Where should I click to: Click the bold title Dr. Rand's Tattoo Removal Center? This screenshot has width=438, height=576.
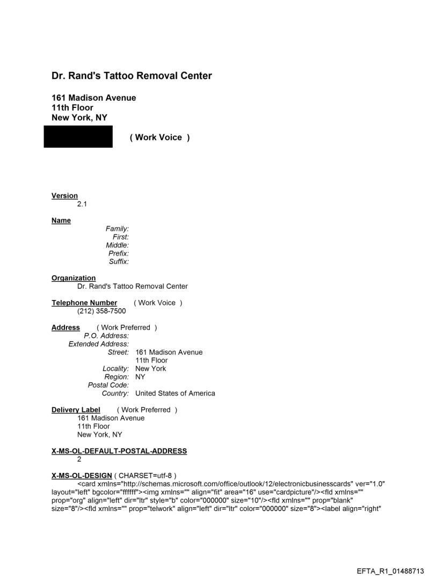point(132,76)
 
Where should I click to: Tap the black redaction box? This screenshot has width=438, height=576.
point(78,137)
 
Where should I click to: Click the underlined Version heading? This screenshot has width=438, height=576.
point(64,196)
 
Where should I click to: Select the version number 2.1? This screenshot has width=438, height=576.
point(83,204)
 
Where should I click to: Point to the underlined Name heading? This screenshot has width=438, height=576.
point(61,221)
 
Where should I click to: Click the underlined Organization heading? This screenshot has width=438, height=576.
point(74,278)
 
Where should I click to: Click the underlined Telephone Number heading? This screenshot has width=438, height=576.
point(84,303)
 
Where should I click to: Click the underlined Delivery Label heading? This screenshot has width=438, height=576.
point(76,410)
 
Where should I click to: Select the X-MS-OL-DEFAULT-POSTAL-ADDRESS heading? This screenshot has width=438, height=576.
point(119,451)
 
